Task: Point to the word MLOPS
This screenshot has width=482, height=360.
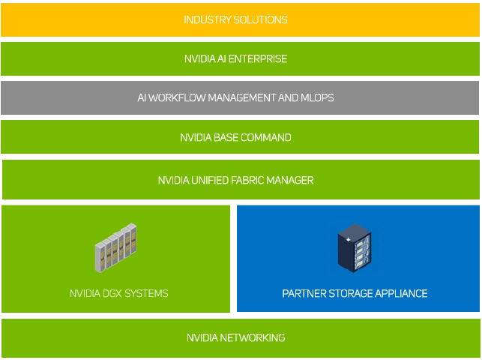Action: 318,97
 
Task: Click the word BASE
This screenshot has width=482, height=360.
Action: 230,137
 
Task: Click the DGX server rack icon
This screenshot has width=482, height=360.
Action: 115,247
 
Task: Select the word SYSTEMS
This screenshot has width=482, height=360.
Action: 149,293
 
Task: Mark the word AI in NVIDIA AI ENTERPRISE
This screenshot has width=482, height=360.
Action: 223,58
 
